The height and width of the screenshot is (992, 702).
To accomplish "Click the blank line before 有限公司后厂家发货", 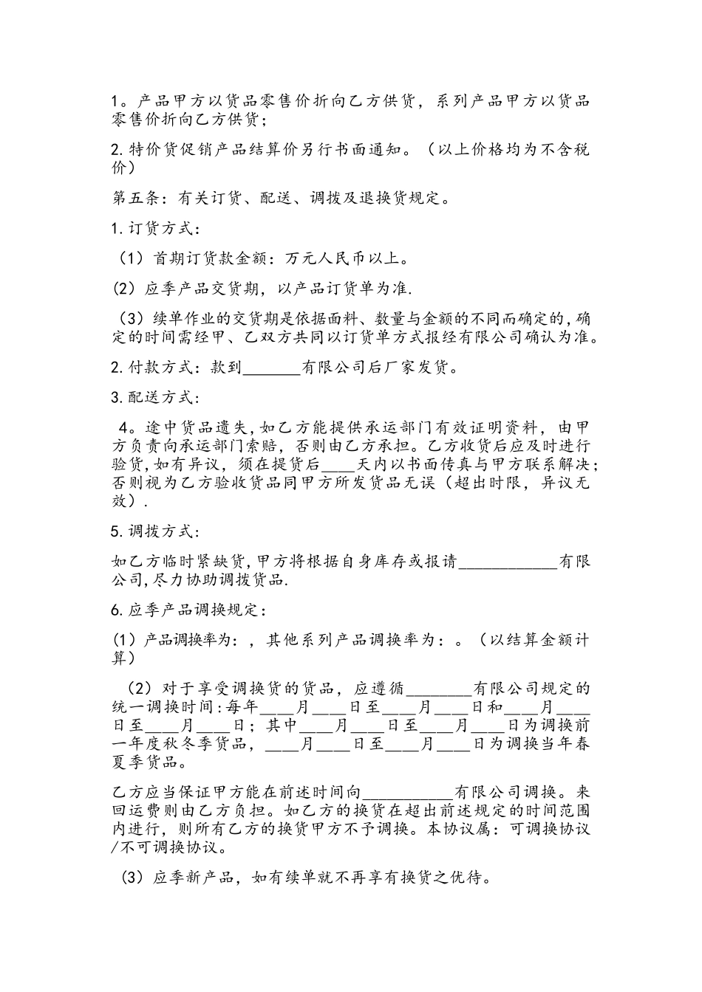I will tap(271, 368).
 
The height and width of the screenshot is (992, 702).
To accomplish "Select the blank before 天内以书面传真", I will tap(339, 465).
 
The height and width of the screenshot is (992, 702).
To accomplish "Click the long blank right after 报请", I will tap(508, 562).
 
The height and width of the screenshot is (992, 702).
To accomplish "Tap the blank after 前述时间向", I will tap(407, 792).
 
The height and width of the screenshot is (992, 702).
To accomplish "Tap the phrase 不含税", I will tap(556, 149).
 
